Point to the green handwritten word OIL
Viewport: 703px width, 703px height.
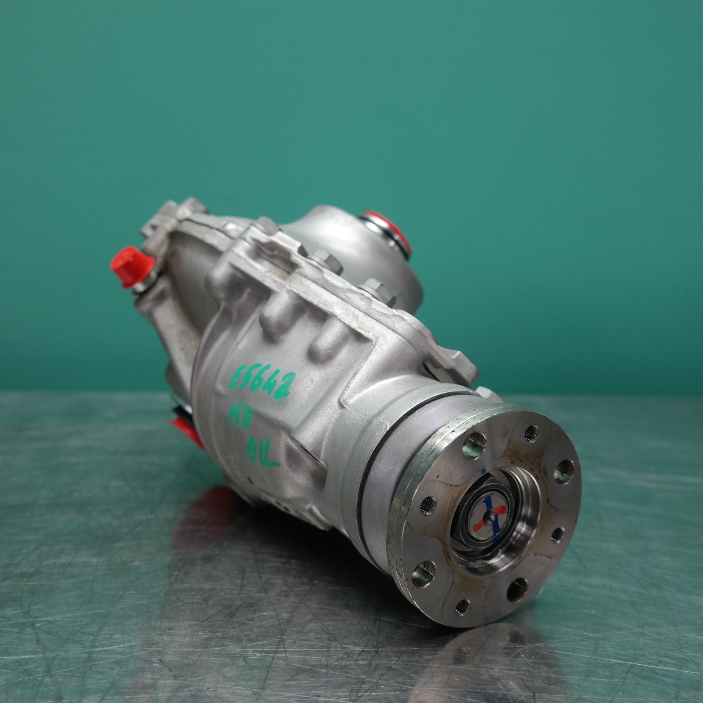(263, 453)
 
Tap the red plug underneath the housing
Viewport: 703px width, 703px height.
(185, 428)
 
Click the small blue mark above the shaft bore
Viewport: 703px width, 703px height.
(484, 471)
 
